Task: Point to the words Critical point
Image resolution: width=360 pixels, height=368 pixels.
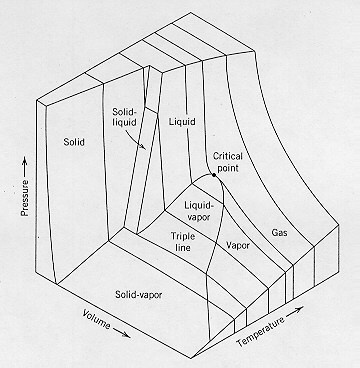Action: [228, 164]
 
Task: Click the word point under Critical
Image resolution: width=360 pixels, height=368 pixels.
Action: [228, 171]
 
